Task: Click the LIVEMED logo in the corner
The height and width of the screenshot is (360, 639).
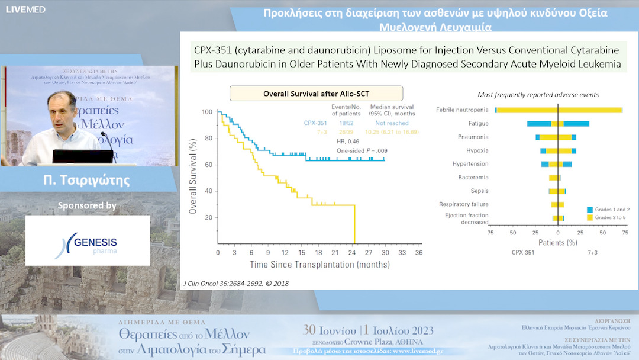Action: click(25, 9)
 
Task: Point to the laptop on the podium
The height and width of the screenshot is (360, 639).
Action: click(83, 156)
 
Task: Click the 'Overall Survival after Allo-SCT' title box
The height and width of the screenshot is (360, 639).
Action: click(316, 94)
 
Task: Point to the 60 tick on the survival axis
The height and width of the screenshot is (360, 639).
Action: click(208, 165)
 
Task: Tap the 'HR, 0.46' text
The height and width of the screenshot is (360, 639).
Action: click(348, 142)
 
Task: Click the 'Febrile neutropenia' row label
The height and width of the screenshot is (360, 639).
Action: click(462, 110)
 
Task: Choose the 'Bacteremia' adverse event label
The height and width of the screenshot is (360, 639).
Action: click(473, 178)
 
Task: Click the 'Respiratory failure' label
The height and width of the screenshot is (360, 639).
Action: click(464, 204)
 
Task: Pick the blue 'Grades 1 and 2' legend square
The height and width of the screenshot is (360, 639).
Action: click(590, 210)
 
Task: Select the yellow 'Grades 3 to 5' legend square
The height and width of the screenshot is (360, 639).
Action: click(590, 218)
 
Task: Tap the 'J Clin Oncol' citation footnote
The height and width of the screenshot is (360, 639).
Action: click(237, 284)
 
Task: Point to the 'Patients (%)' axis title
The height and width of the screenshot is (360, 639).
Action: click(558, 243)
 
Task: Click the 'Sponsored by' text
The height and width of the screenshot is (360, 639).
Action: click(87, 206)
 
